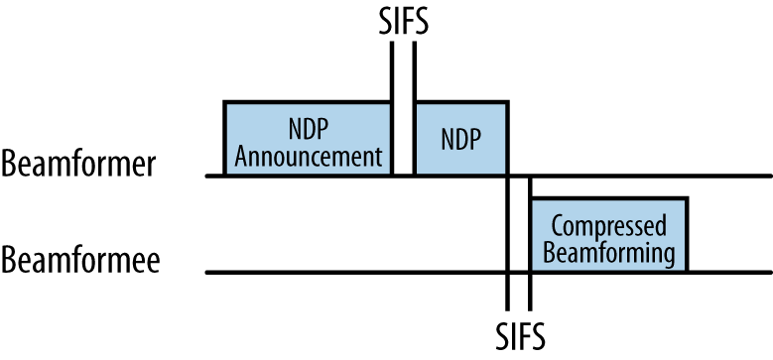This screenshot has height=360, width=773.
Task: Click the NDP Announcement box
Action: (308, 138)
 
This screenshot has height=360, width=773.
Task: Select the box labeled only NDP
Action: (461, 138)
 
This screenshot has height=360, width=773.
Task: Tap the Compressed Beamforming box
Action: (607, 235)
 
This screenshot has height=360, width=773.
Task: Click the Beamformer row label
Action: (78, 164)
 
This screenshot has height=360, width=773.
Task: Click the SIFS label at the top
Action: (403, 20)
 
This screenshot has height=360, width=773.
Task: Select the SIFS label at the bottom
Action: (520, 334)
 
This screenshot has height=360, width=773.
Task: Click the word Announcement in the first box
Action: (309, 155)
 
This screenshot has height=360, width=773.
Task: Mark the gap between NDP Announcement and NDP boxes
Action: (403, 139)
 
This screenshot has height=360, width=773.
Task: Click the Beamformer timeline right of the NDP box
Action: (645, 176)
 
